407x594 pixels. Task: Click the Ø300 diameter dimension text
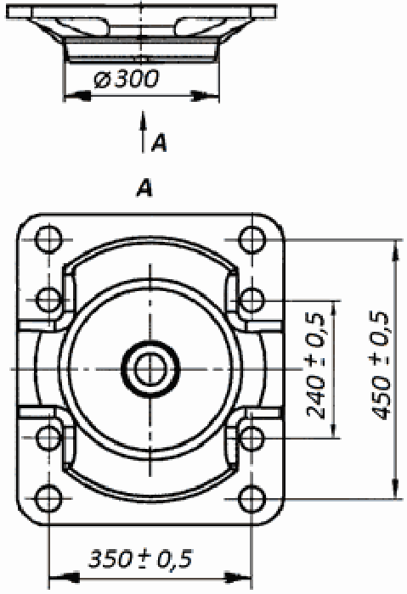click(x=127, y=79)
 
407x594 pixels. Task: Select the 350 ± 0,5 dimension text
click(x=141, y=558)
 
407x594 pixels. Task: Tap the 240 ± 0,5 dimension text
click(x=315, y=365)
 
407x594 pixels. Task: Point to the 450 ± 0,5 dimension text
click(x=380, y=365)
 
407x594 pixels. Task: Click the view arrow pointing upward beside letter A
click(x=143, y=132)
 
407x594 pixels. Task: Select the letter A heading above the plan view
click(x=144, y=188)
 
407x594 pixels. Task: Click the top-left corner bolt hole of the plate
click(x=48, y=239)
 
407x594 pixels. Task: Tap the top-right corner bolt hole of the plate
click(x=252, y=239)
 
